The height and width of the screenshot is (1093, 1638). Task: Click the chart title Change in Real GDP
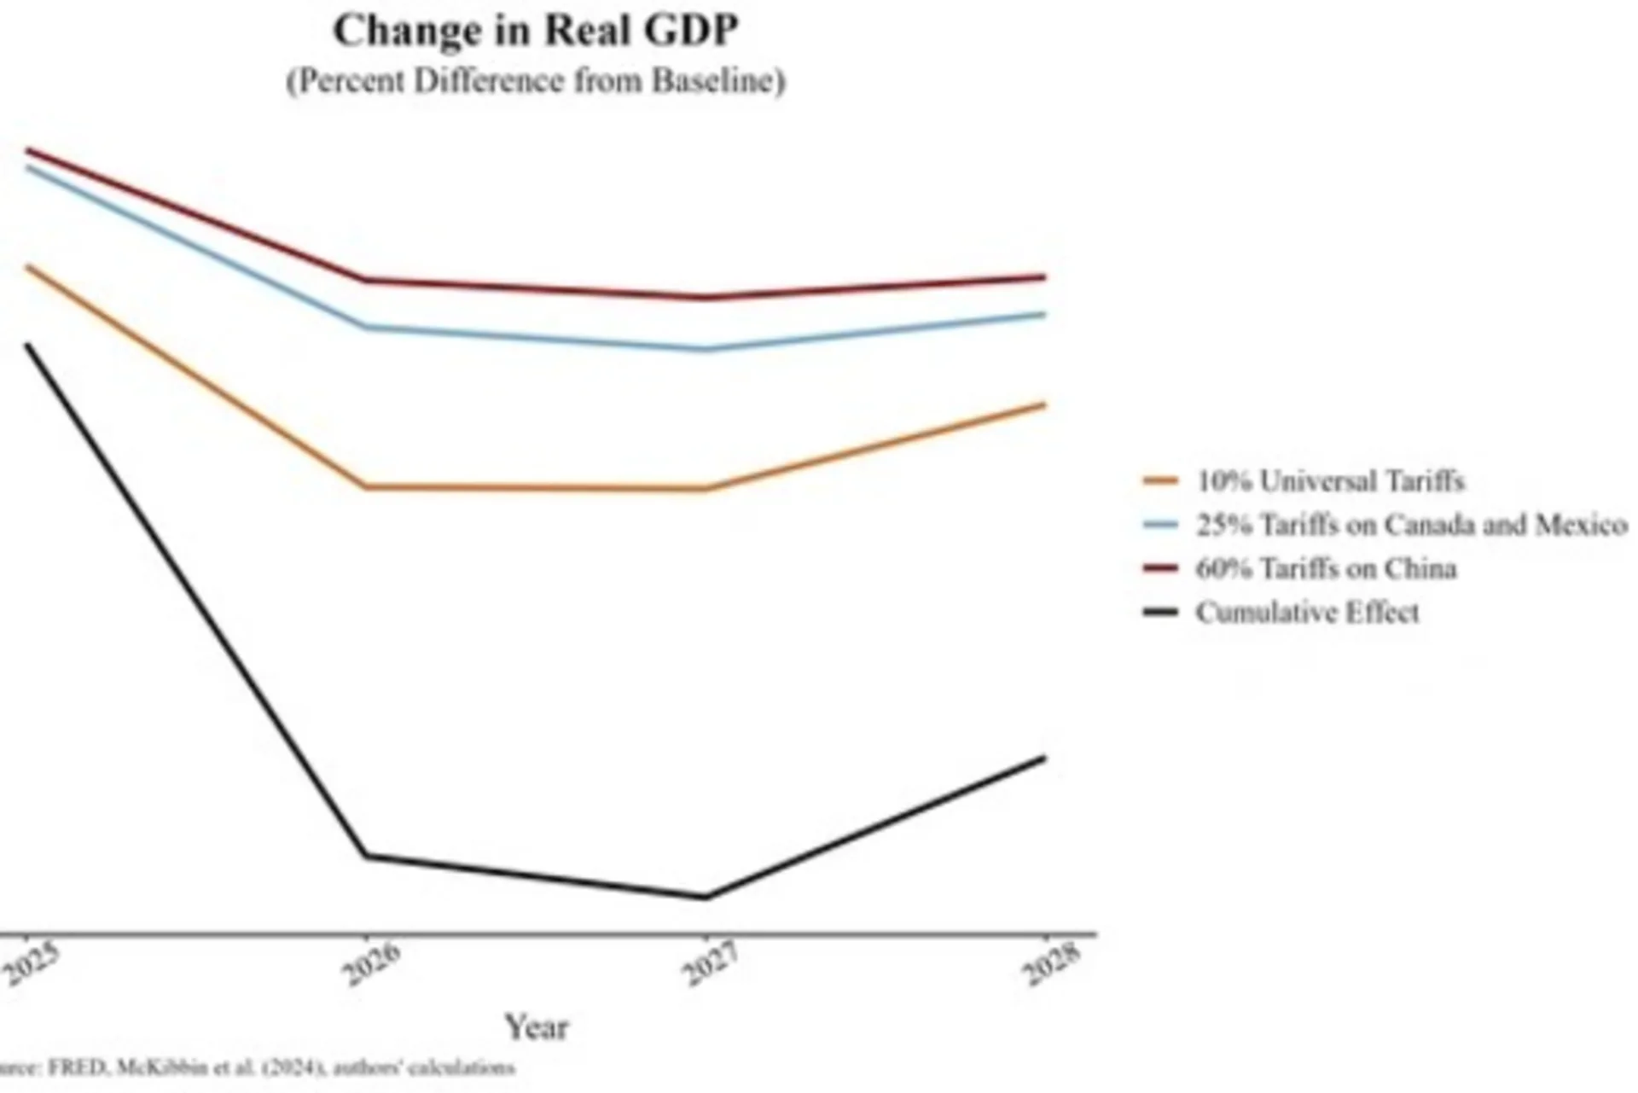click(x=535, y=32)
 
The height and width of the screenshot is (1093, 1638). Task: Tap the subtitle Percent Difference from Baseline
click(x=535, y=82)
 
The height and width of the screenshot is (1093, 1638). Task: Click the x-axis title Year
click(x=536, y=1026)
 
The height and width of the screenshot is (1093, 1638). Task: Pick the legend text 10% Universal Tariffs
click(x=1329, y=481)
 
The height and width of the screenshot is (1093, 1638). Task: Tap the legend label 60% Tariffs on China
click(x=1326, y=568)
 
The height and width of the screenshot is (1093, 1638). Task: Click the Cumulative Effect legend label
click(x=1307, y=613)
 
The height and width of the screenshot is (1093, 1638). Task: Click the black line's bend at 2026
click(x=366, y=855)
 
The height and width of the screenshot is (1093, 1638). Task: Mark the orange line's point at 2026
click(x=366, y=487)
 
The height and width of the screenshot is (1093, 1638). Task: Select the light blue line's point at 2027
click(x=706, y=349)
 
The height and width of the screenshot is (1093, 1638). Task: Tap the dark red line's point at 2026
click(x=366, y=279)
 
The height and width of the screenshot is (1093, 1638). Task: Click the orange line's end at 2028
click(x=1044, y=404)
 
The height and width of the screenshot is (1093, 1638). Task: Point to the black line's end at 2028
click(x=1044, y=758)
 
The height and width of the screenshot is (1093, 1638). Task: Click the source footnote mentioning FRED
click(x=256, y=1067)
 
